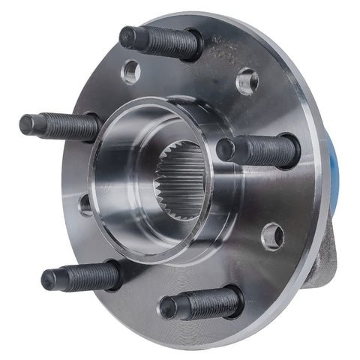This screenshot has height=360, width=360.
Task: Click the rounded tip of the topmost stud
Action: pyautogui.click(x=127, y=36)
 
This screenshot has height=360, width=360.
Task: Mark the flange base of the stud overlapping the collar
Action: pyautogui.click(x=288, y=150)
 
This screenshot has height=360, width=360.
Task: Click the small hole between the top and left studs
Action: pyautogui.click(x=130, y=71)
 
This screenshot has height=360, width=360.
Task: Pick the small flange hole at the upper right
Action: pyautogui.click(x=247, y=81)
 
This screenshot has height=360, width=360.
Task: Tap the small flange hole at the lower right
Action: pyautogui.click(x=272, y=235)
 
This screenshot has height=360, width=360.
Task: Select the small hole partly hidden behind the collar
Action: pyautogui.click(x=85, y=203)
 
